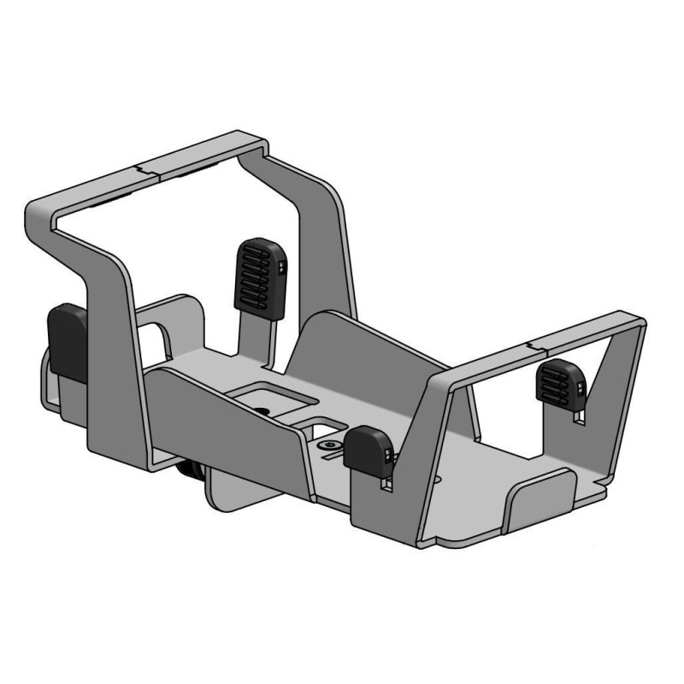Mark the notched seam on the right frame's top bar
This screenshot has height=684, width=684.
coord(536,346)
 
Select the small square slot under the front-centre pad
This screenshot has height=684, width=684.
coord(384,484)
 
